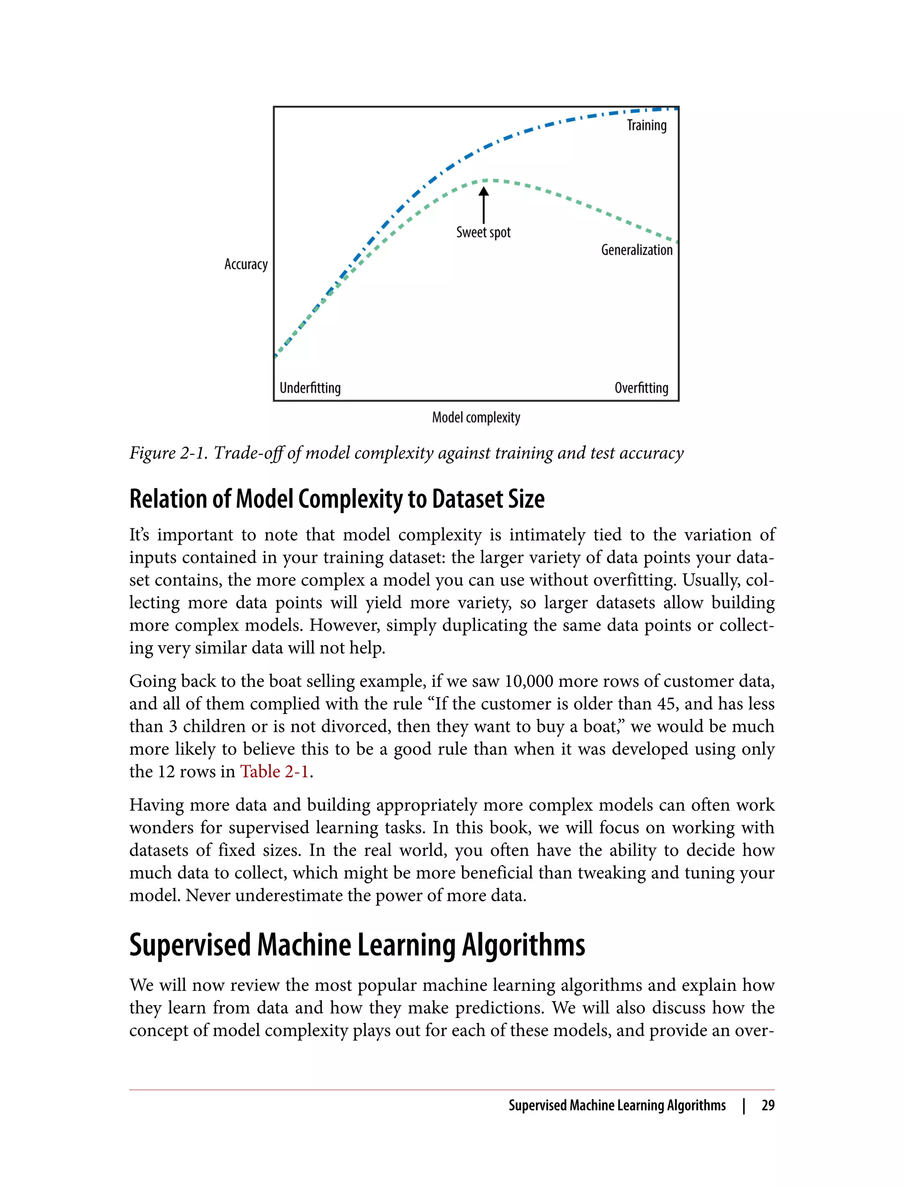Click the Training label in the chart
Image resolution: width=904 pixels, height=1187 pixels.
[x=646, y=125]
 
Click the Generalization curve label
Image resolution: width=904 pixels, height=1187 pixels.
[x=637, y=250]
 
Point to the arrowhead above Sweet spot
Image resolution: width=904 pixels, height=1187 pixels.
[x=484, y=192]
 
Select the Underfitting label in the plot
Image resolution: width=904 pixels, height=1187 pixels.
[x=310, y=388]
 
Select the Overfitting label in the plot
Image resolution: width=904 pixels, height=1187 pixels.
[x=641, y=388]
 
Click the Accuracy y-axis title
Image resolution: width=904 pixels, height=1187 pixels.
[x=246, y=265]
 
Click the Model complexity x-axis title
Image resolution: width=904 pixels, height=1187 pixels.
[x=476, y=417]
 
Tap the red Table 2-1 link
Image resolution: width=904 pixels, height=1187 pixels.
[x=275, y=771]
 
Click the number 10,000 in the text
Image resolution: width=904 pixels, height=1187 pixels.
[x=528, y=681]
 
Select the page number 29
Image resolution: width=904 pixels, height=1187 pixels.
[x=768, y=1105]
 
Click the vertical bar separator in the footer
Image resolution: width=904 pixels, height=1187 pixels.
[x=744, y=1105]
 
